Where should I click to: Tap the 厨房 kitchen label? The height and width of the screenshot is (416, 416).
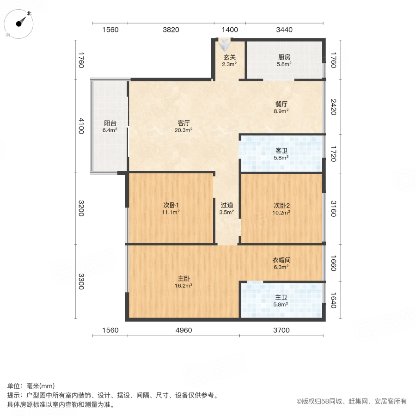[284, 57]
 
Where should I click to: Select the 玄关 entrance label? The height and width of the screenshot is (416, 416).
[230, 57]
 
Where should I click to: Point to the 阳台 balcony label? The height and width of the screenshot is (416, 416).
[110, 123]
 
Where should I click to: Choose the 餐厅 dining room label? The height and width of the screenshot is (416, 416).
[281, 104]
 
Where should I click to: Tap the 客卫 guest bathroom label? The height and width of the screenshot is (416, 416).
[281, 151]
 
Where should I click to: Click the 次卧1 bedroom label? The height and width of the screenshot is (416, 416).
[171, 205]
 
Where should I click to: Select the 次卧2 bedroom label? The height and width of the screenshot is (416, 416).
[281, 205]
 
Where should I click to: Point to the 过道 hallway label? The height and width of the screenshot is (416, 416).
[226, 205]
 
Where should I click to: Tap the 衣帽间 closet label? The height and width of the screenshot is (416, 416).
[281, 260]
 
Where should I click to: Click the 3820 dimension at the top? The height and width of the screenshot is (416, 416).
[171, 30]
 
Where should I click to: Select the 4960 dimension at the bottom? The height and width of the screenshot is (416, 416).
[184, 330]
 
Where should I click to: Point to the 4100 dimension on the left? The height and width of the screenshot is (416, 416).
[81, 126]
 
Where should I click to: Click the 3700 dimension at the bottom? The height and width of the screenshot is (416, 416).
[281, 330]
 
